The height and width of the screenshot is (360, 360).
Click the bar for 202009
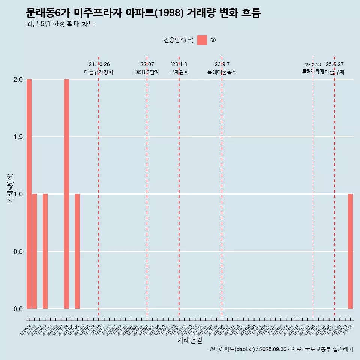(29, 194)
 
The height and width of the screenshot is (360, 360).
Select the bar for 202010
(34, 251)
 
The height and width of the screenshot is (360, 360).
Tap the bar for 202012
(45, 251)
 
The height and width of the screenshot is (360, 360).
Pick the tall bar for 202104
(66, 194)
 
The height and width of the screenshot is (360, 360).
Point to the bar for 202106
(77, 251)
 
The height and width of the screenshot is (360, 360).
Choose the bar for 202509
(350, 251)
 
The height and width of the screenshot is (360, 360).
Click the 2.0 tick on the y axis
(18, 79)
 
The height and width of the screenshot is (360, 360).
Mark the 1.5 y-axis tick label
(18, 137)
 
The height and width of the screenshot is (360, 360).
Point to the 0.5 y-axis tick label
(18, 251)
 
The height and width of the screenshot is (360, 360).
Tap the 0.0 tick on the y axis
(18, 309)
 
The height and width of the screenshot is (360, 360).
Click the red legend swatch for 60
(202, 40)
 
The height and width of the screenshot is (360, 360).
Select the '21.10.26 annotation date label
(99, 64)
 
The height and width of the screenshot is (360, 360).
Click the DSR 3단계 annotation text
(147, 72)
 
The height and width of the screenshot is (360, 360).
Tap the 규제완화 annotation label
(179, 72)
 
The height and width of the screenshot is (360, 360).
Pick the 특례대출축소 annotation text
(222, 72)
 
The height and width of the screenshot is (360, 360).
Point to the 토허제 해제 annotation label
(313, 71)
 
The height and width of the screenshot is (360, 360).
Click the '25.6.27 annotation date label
(334, 64)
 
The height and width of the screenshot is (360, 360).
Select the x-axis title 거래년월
(189, 340)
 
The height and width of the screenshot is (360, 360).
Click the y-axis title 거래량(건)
(10, 188)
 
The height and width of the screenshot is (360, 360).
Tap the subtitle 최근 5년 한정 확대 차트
(60, 24)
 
